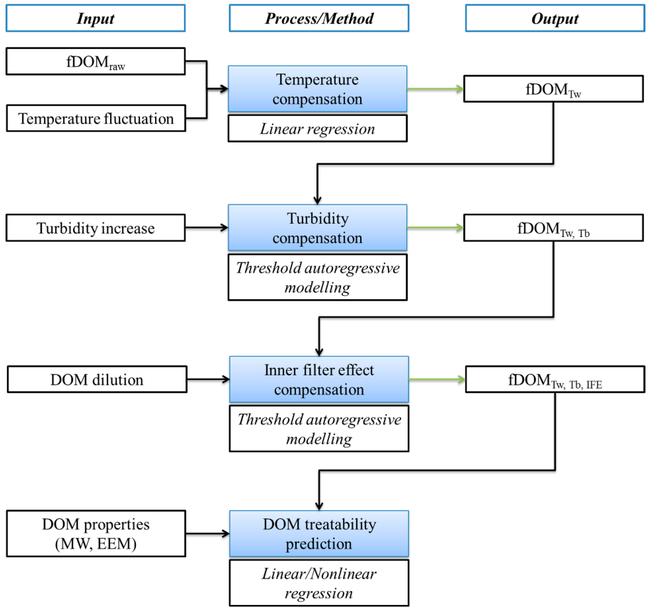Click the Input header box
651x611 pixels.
tap(95, 18)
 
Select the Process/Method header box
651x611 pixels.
tap(319, 18)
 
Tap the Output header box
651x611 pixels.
tap(555, 18)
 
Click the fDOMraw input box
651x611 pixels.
tap(95, 61)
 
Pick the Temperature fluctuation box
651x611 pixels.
tap(96, 118)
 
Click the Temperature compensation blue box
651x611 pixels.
tap(317, 89)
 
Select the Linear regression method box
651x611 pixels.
tap(317, 128)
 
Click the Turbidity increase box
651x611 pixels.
tap(95, 228)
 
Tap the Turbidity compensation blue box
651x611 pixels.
tap(317, 228)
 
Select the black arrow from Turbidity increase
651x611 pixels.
tap(206, 228)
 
